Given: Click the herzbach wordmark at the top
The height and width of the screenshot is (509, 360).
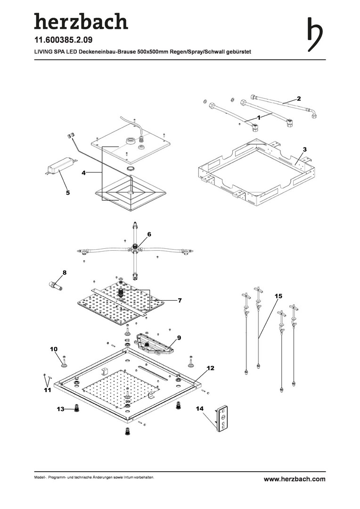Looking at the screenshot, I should coord(81,21).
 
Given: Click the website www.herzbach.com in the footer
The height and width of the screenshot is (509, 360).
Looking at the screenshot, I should coord(295,479).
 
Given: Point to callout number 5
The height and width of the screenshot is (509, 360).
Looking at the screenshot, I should coord(67,192).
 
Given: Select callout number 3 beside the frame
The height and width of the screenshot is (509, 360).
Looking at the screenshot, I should coord(305,149).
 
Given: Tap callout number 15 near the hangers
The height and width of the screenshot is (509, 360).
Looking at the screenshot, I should coord(278,296).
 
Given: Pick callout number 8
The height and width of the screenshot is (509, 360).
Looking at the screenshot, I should coord(65,272).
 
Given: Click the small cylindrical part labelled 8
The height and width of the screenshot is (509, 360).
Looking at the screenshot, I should coord(56,286).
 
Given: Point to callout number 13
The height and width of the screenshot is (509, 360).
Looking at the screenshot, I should coord(60,409).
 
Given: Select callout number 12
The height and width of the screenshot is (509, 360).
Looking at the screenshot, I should coord(210,367).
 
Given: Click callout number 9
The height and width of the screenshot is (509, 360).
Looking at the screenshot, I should coord(179,337).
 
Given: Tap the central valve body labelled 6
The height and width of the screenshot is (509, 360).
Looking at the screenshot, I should coord(135,246).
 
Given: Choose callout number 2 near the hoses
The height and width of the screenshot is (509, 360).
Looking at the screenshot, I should coord(298,98).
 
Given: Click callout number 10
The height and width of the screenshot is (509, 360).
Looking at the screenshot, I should coord(54,349).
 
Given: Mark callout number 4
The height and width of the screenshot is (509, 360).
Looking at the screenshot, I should coord(83,173).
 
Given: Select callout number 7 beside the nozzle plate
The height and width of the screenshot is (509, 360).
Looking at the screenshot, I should coord(180,300).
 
